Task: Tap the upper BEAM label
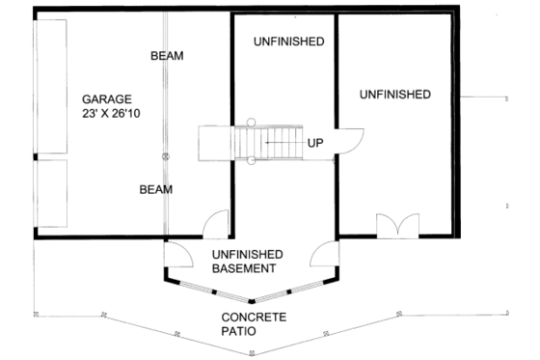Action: [167, 57]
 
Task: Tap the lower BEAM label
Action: [154, 190]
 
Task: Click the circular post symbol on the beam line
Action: [166, 155]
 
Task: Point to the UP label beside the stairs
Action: [315, 144]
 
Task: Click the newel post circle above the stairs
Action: [250, 122]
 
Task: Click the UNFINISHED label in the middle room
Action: [288, 42]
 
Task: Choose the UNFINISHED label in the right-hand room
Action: [394, 94]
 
